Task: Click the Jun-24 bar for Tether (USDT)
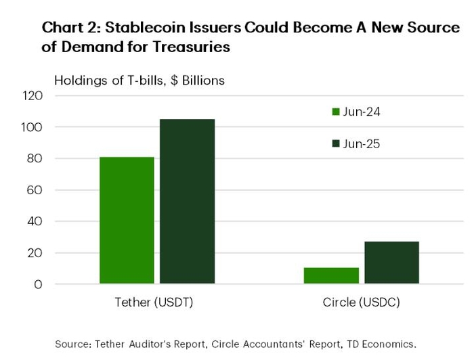click(x=127, y=220)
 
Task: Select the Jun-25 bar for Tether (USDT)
click(x=188, y=201)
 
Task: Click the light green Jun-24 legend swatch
click(x=335, y=112)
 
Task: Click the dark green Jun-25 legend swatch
click(x=335, y=144)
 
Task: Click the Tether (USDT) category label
click(x=158, y=302)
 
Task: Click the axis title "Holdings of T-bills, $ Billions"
click(x=139, y=80)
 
